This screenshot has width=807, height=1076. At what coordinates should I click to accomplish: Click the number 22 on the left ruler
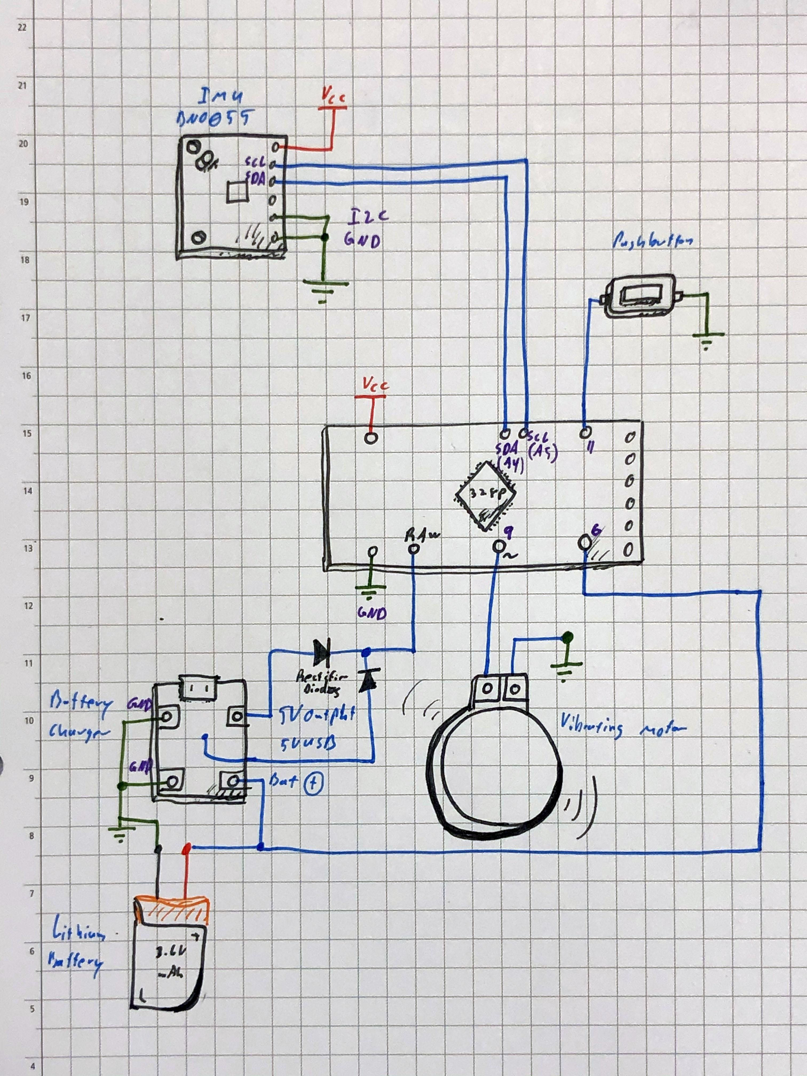point(21,28)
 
